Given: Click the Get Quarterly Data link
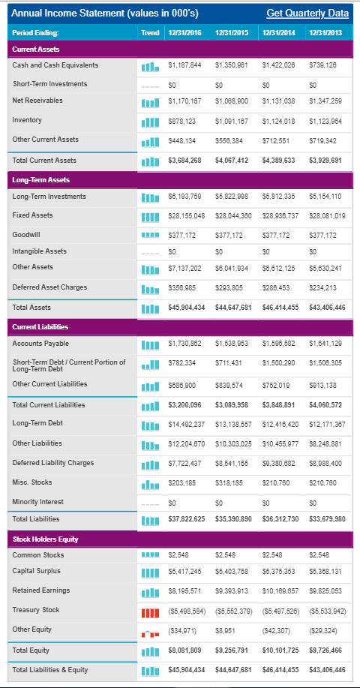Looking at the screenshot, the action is (x=307, y=14).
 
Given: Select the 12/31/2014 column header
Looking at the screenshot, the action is (x=278, y=32).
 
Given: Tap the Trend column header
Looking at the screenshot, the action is (x=150, y=32).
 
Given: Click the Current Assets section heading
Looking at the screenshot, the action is (x=36, y=50).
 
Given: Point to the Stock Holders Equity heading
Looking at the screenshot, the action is (x=45, y=539).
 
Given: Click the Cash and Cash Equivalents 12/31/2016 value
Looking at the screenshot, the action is (x=184, y=65).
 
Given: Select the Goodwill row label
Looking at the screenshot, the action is (x=26, y=234).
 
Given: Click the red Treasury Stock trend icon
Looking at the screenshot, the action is (x=150, y=611).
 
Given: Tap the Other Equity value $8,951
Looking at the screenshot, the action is (x=223, y=630).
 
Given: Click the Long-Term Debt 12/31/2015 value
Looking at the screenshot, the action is (x=233, y=424).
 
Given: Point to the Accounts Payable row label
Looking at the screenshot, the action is (x=40, y=343).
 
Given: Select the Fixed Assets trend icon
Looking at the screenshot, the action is (x=150, y=217).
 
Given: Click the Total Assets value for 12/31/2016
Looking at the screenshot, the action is (x=187, y=308).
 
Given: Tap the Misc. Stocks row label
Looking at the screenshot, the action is (x=32, y=482).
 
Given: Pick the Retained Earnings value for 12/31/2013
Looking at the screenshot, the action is (x=325, y=591).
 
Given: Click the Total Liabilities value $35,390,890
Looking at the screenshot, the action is (x=233, y=519).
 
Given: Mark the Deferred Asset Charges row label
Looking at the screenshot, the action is (x=49, y=287).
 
